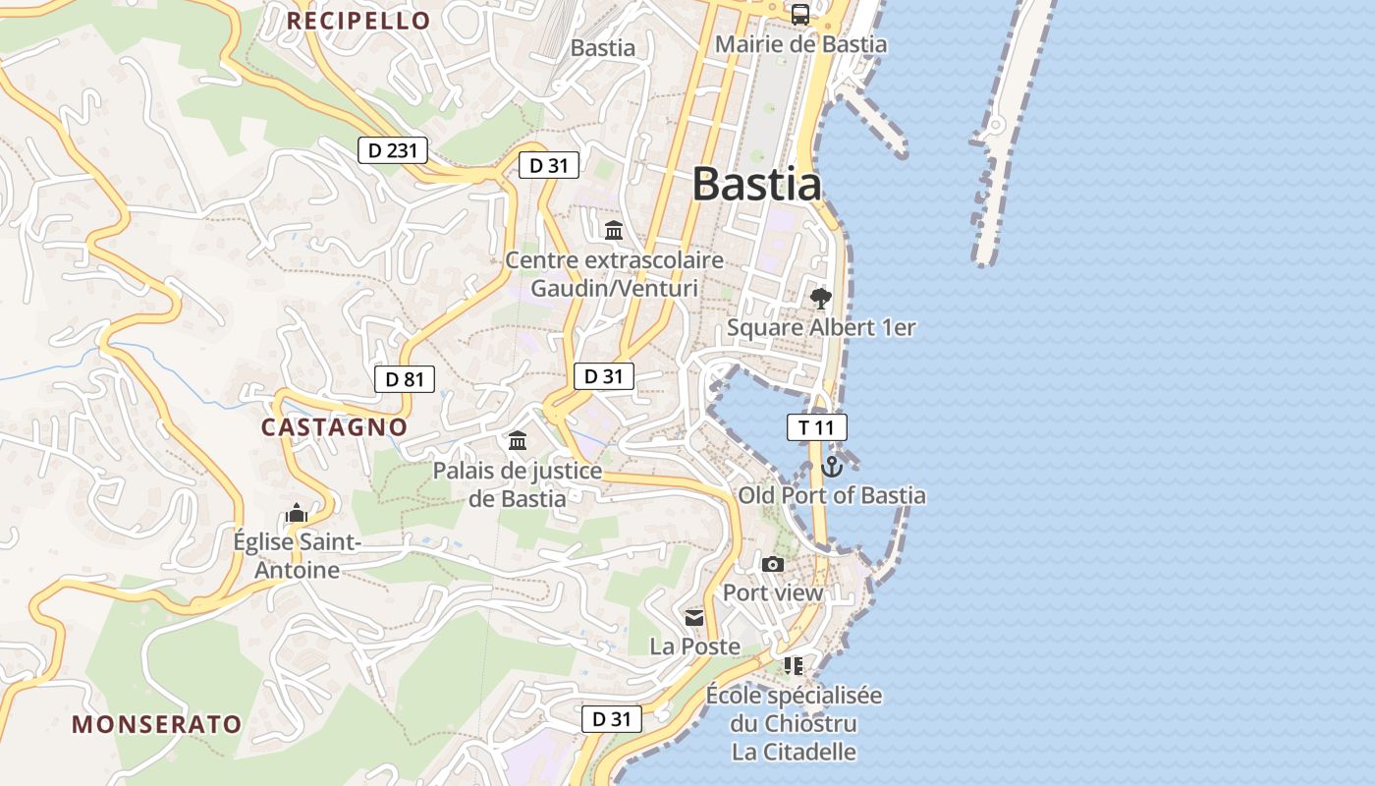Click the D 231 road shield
point(393,150)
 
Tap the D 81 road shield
point(404,379)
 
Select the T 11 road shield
point(816,427)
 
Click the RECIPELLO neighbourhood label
point(358,21)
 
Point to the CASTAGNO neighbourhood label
point(334,426)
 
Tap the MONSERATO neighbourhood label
point(157,724)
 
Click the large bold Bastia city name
point(756,184)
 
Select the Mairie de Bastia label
point(800,44)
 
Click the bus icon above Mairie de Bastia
point(800,15)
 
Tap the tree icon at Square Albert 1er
point(820,298)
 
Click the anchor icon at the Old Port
point(832,467)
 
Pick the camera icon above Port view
point(773,564)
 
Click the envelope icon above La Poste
point(694,617)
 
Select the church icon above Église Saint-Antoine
point(297,513)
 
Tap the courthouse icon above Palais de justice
point(518,440)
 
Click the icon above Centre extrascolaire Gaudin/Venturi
point(614,231)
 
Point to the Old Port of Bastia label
point(832,495)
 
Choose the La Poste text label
point(694,646)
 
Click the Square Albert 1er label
point(821,327)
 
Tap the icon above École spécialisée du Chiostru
point(794,666)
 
